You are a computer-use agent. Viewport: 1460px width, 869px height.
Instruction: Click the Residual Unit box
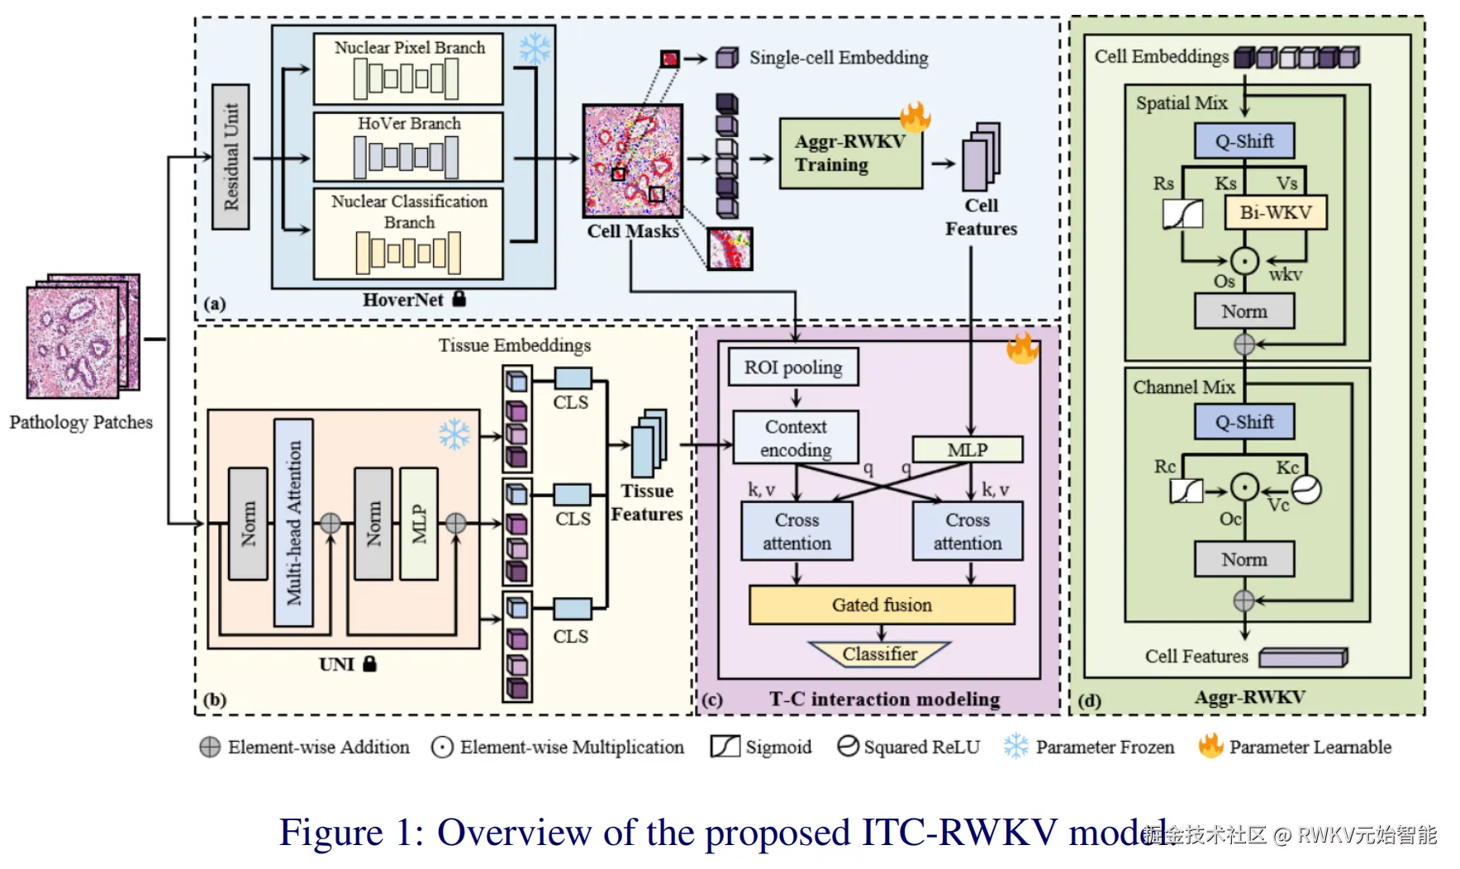click(x=231, y=157)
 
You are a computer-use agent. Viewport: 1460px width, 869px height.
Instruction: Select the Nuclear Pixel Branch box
click(x=408, y=69)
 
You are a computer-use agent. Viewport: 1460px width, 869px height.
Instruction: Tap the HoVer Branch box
click(x=408, y=146)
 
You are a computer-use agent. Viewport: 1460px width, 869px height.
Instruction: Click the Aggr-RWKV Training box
click(x=850, y=154)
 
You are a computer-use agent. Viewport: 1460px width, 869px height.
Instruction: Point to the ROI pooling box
click(x=793, y=368)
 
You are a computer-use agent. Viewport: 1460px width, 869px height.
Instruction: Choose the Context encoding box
click(x=796, y=438)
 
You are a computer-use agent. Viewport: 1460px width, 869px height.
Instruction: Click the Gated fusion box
click(x=882, y=605)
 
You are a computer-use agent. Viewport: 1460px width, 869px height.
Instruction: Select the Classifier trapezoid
click(x=880, y=654)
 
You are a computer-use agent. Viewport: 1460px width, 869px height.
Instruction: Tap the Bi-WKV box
click(x=1275, y=212)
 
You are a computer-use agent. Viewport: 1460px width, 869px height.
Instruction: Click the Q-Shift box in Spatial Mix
click(x=1244, y=141)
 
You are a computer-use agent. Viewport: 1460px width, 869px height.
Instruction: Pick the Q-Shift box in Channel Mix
click(x=1244, y=422)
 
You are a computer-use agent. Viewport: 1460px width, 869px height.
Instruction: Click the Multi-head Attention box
click(x=293, y=522)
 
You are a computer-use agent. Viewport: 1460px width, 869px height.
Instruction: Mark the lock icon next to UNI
click(x=369, y=663)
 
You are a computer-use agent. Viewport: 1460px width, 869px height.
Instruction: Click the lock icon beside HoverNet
click(x=459, y=299)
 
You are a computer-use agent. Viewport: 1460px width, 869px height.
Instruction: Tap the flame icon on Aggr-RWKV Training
click(x=915, y=116)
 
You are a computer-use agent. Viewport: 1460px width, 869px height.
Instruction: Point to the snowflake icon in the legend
click(x=1015, y=746)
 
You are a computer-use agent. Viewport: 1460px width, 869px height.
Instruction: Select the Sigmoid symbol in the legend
click(x=725, y=746)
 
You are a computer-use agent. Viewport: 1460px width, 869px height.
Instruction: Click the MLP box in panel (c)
click(x=968, y=450)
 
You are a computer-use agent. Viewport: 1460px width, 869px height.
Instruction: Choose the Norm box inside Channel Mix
click(x=1244, y=559)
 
